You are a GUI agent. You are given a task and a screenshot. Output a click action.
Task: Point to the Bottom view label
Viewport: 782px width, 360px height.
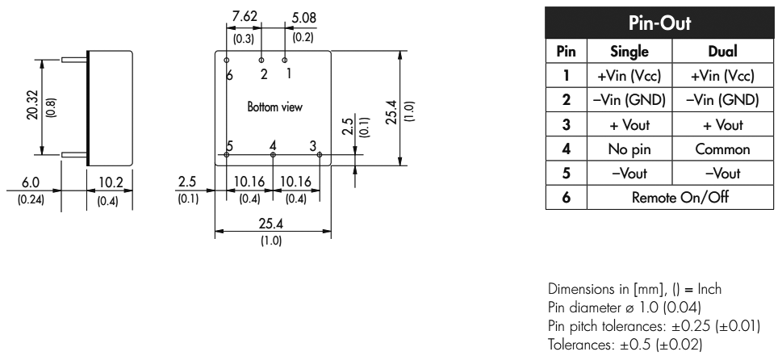tap(275, 107)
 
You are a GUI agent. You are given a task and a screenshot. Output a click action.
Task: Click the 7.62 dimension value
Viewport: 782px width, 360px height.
tap(244, 17)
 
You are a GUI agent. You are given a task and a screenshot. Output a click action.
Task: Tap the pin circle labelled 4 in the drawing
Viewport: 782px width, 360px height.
tap(273, 154)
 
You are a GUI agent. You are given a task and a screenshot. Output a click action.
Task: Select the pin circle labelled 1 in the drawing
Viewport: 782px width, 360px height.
tap(286, 60)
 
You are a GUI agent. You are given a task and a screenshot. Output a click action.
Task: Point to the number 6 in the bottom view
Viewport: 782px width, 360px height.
tap(230, 74)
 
